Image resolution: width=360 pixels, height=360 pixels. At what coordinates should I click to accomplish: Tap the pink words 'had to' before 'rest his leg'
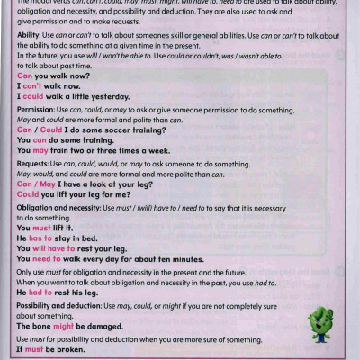[x=40, y=292]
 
